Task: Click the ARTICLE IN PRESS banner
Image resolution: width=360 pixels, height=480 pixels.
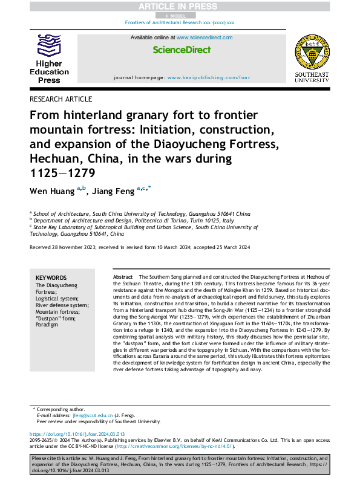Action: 180,5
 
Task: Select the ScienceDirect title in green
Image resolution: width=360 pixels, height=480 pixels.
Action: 180,50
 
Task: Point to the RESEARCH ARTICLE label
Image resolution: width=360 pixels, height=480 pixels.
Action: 61,99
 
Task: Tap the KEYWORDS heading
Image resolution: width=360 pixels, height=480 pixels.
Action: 52,277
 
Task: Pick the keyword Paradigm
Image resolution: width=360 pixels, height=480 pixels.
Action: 47,325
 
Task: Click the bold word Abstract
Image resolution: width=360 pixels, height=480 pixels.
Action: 123,276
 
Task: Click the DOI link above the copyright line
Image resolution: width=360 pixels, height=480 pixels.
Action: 77,435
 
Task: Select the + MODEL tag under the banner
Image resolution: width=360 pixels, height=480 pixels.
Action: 179,14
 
